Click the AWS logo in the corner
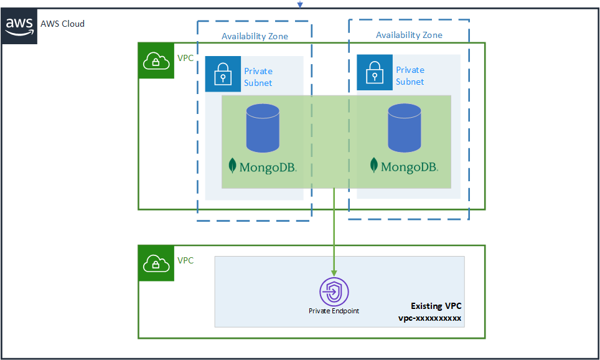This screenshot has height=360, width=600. pos(19,25)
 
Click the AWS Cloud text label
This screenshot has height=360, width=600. pos(62,24)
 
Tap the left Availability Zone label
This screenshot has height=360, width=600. pos(255,36)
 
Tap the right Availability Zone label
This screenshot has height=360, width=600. pos(409,35)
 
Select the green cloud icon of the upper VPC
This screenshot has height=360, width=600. pos(156,60)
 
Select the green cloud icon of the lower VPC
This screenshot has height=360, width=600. pos(156,263)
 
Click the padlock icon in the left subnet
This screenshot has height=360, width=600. pos(223,73)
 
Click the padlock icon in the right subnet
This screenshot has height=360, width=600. pos(374,72)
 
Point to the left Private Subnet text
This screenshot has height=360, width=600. pos(258,77)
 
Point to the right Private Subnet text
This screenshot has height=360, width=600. pos(410,75)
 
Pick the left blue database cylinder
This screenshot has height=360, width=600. pos(263,128)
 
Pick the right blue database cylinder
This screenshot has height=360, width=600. pos(405,128)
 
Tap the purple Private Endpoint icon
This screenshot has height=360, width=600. pos(334,291)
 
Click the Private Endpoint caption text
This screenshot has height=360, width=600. pos(334,310)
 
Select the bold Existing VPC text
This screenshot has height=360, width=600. pos(436,306)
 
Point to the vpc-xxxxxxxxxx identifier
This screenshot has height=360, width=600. pos(429,318)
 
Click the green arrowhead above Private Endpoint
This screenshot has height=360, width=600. pos(334,273)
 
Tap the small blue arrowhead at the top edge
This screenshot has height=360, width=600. pos(300,4)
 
